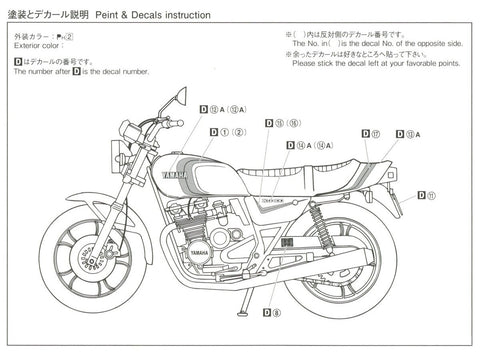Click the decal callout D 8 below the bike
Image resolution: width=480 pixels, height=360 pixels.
pos(270,313)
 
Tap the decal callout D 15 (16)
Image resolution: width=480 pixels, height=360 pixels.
pos(284,122)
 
